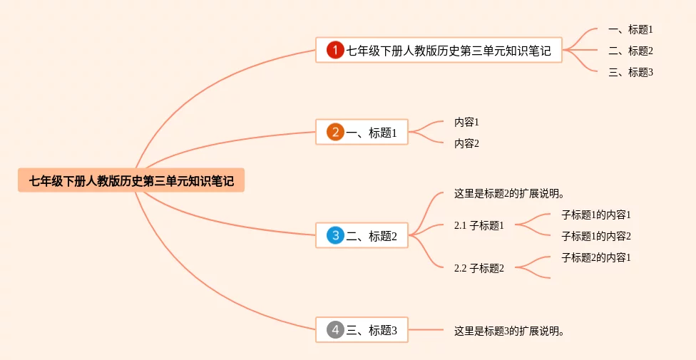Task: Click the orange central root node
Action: [x=131, y=180]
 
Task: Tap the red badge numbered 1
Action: [x=335, y=50]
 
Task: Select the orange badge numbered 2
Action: [x=335, y=132]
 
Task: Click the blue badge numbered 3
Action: [x=335, y=235]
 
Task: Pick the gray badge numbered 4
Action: [x=335, y=329]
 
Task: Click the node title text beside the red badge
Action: [x=449, y=51]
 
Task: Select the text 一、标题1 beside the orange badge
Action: [x=372, y=133]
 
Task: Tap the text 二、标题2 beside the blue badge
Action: [x=372, y=236]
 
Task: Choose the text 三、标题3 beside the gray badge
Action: [x=372, y=330]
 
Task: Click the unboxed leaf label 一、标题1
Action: [x=630, y=29]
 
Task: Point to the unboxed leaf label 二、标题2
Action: [x=630, y=51]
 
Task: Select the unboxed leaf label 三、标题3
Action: [x=630, y=72]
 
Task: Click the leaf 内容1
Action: [x=466, y=122]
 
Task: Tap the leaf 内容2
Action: [x=466, y=143]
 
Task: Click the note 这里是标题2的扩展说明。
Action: [x=509, y=193]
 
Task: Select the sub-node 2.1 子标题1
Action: [x=479, y=225]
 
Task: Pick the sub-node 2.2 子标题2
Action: [x=479, y=268]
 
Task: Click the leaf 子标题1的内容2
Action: [x=596, y=236]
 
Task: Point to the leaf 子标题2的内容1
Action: [x=596, y=257]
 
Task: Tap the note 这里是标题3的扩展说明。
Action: [x=509, y=330]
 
